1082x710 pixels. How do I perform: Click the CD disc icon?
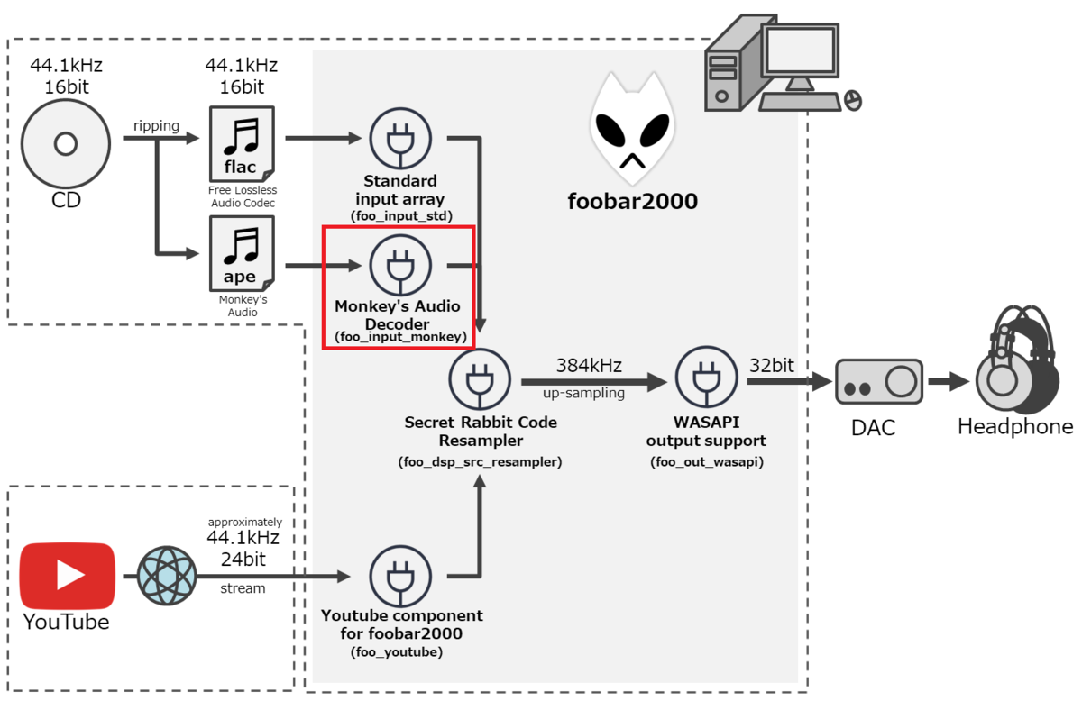tap(65, 143)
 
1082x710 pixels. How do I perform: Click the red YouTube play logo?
tap(68, 575)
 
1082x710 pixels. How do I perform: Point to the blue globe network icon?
tap(167, 576)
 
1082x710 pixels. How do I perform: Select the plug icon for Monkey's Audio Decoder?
tap(400, 265)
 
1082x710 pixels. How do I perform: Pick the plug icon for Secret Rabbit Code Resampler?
tap(480, 380)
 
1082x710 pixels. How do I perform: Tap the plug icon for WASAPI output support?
tap(705, 380)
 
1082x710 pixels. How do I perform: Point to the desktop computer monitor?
tap(801, 52)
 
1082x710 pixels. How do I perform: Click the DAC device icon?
tap(877, 382)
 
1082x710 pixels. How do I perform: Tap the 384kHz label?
tap(589, 365)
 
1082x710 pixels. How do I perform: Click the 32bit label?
tap(772, 365)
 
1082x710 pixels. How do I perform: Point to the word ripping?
tap(156, 125)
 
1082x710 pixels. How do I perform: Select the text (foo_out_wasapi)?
tap(706, 462)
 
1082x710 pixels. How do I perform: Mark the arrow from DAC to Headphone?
tap(947, 382)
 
